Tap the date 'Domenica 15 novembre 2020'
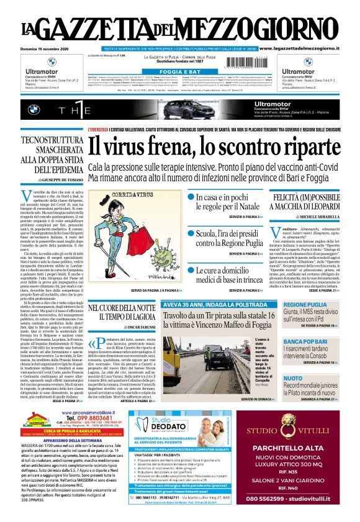49,48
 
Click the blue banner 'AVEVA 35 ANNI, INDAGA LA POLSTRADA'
209,305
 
